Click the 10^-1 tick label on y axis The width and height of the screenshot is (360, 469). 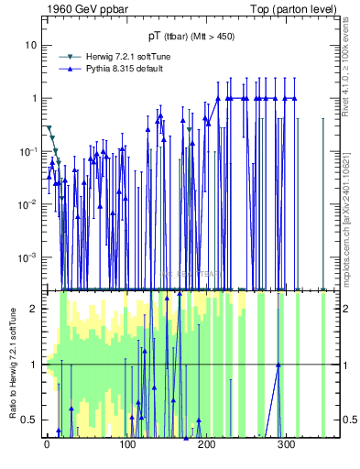click(x=27, y=151)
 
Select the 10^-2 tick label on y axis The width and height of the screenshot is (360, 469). click(x=27, y=204)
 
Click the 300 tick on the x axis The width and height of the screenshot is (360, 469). click(x=286, y=446)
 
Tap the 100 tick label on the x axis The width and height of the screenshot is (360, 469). click(x=126, y=446)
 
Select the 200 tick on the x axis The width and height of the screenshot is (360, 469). click(x=206, y=446)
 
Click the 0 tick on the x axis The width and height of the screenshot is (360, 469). click(x=47, y=446)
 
